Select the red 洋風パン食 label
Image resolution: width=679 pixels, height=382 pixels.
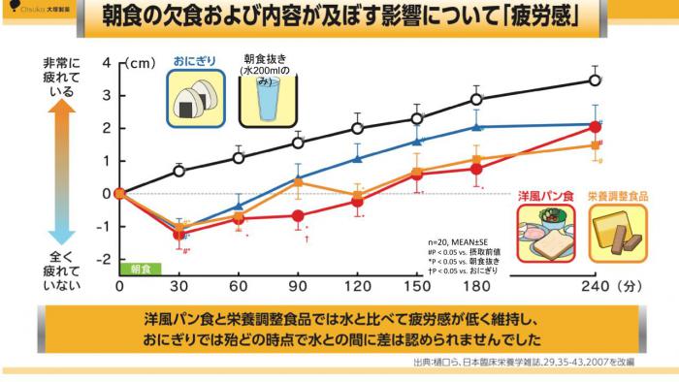tap(540, 194)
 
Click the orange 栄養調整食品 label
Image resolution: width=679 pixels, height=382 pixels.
tap(619, 194)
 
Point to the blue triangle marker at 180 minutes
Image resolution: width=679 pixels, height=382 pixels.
tap(476, 127)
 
